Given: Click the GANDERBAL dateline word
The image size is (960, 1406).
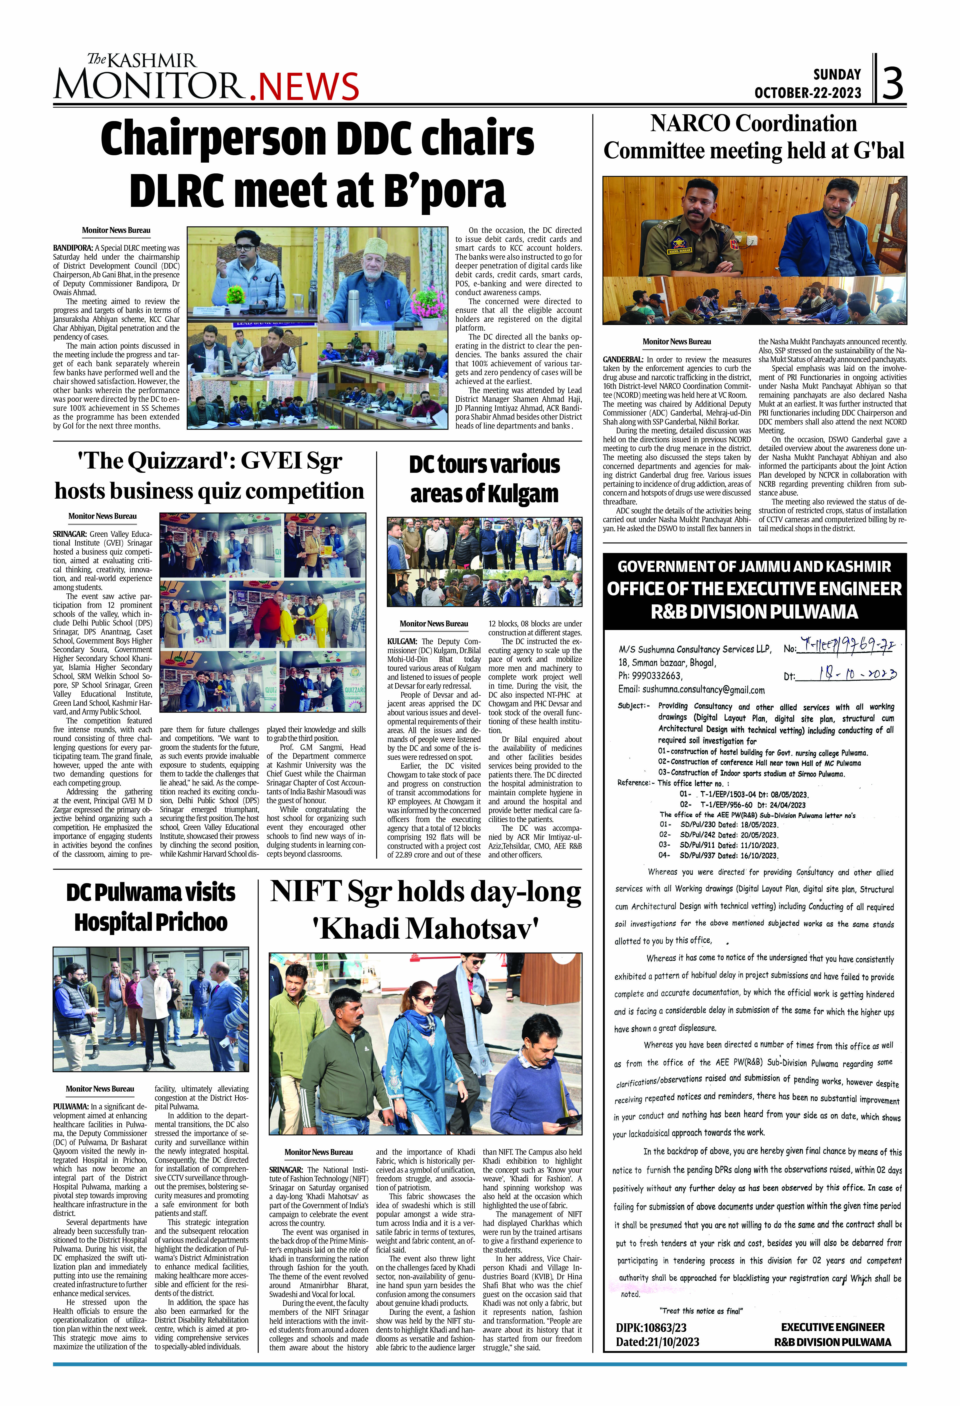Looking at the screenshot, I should (x=622, y=359).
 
